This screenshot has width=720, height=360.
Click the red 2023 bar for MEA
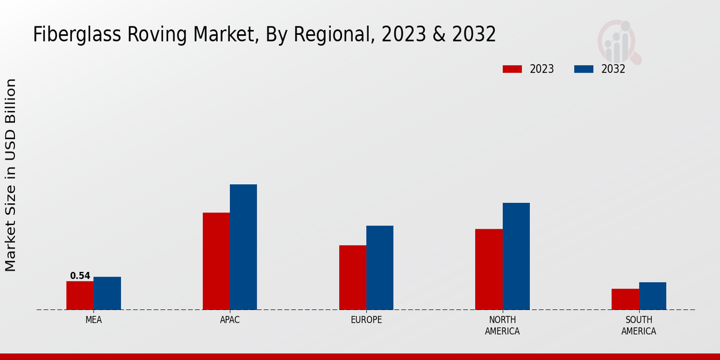click(80, 295)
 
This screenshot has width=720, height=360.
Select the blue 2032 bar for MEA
click(107, 293)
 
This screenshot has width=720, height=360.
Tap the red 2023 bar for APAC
click(216, 261)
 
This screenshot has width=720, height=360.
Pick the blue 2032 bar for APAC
click(243, 247)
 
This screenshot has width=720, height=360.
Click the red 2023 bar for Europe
click(352, 277)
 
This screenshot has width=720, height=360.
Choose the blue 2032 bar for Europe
click(380, 268)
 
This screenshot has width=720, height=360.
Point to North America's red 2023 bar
click(488, 269)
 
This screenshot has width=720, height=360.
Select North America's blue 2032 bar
click(516, 256)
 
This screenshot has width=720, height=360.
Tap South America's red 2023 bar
click(625, 299)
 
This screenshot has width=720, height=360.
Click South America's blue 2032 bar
click(652, 296)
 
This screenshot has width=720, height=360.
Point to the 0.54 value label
click(80, 276)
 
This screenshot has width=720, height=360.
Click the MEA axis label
click(94, 320)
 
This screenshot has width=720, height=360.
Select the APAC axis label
click(230, 320)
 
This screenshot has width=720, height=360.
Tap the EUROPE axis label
click(366, 320)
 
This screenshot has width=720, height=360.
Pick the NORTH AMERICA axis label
click(502, 325)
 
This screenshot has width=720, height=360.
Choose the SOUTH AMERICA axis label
click(638, 325)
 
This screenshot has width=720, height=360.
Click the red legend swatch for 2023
click(512, 69)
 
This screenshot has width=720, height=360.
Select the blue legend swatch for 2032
click(583, 69)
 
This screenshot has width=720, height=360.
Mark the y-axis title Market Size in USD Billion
click(11, 175)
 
